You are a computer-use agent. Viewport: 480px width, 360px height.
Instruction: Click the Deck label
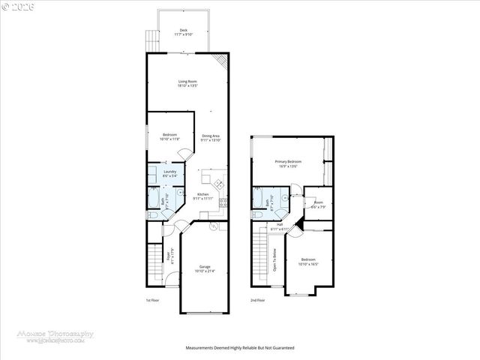pyautogui.click(x=184, y=30)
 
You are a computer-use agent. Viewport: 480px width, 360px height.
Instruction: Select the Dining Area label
pyautogui.click(x=211, y=136)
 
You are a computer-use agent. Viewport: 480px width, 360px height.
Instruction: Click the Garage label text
pyautogui.click(x=205, y=266)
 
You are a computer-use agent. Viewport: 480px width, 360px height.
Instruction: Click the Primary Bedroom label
pyautogui.click(x=288, y=162)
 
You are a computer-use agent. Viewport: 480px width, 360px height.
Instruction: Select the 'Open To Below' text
pyautogui.click(x=275, y=259)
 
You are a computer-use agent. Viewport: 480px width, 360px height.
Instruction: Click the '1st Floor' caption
pyautogui.click(x=153, y=300)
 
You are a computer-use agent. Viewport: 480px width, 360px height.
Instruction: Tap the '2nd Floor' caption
pyautogui.click(x=258, y=300)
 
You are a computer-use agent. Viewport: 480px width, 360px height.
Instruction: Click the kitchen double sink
pyautogui.click(x=219, y=184)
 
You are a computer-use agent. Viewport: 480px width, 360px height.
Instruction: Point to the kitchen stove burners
pyautogui.click(x=223, y=202)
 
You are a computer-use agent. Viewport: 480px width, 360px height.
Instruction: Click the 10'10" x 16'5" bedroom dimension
pyautogui.click(x=309, y=264)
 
